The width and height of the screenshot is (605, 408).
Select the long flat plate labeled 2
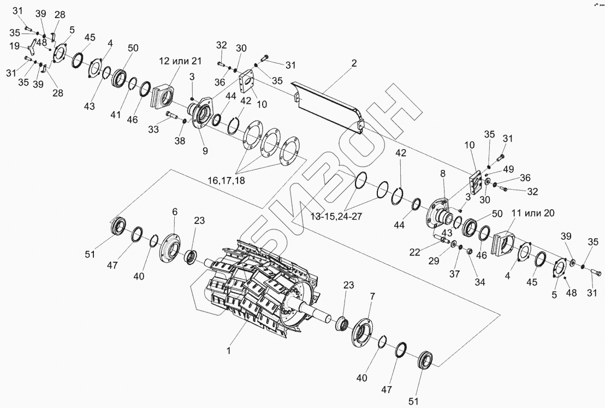point(328,104)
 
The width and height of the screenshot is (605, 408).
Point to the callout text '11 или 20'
point(532,214)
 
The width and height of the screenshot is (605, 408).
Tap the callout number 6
point(175,211)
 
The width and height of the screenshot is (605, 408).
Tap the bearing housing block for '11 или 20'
point(505,243)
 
